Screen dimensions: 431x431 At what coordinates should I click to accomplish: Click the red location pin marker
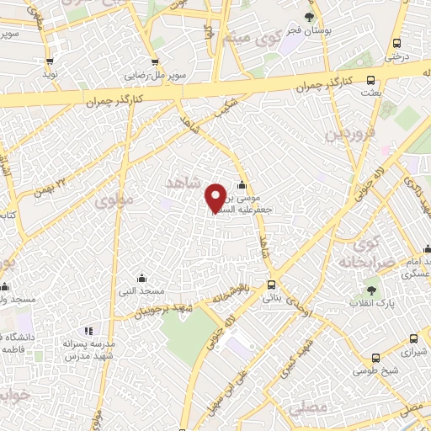coord(215,198)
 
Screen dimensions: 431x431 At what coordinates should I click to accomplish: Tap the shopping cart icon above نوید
coord(50,61)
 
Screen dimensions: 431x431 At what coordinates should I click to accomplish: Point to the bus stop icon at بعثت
coord(371,81)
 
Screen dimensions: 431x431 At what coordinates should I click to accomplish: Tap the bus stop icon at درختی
coord(396,44)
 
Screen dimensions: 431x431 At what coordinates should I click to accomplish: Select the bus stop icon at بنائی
coord(270,285)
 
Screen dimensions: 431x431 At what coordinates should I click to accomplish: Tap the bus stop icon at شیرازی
coord(412,338)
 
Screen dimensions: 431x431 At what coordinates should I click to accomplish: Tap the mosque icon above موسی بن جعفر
coord(242,185)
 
